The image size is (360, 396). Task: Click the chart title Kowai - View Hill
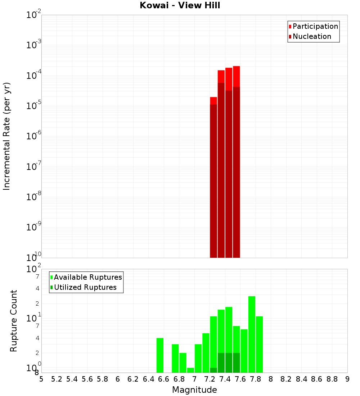click(180, 6)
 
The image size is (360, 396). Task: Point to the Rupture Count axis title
click(14, 321)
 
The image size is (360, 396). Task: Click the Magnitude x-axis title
click(194, 390)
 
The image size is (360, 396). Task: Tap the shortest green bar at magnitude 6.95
click(190, 370)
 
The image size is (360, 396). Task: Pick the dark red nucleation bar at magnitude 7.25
click(213, 180)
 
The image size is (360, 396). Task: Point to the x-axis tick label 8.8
click(332, 379)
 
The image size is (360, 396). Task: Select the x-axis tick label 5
click(41, 379)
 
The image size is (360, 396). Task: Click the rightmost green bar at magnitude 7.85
click(259, 344)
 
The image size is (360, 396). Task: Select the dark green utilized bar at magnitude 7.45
click(229, 363)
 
